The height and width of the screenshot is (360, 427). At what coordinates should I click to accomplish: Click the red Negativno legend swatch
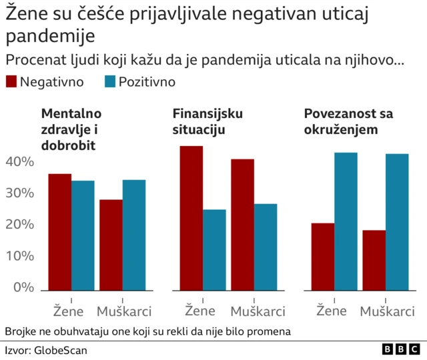click(11, 82)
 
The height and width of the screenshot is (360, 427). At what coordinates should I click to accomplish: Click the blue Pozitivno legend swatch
click(109, 82)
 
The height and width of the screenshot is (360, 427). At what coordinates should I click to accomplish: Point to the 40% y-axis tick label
click(19, 162)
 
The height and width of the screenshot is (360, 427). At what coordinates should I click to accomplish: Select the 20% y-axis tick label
click(19, 225)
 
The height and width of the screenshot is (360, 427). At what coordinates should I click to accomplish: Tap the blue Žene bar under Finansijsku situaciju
click(214, 250)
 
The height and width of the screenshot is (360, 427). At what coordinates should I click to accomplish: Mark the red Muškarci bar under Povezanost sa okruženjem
click(374, 260)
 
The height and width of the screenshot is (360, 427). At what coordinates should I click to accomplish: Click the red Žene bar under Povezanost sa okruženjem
click(323, 257)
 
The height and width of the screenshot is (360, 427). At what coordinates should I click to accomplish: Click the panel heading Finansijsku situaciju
click(207, 122)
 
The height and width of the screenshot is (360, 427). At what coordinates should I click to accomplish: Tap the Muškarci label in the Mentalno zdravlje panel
click(124, 311)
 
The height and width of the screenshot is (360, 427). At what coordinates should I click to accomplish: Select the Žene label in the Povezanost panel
click(332, 311)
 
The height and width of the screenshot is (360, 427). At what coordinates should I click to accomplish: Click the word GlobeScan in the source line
click(61, 350)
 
